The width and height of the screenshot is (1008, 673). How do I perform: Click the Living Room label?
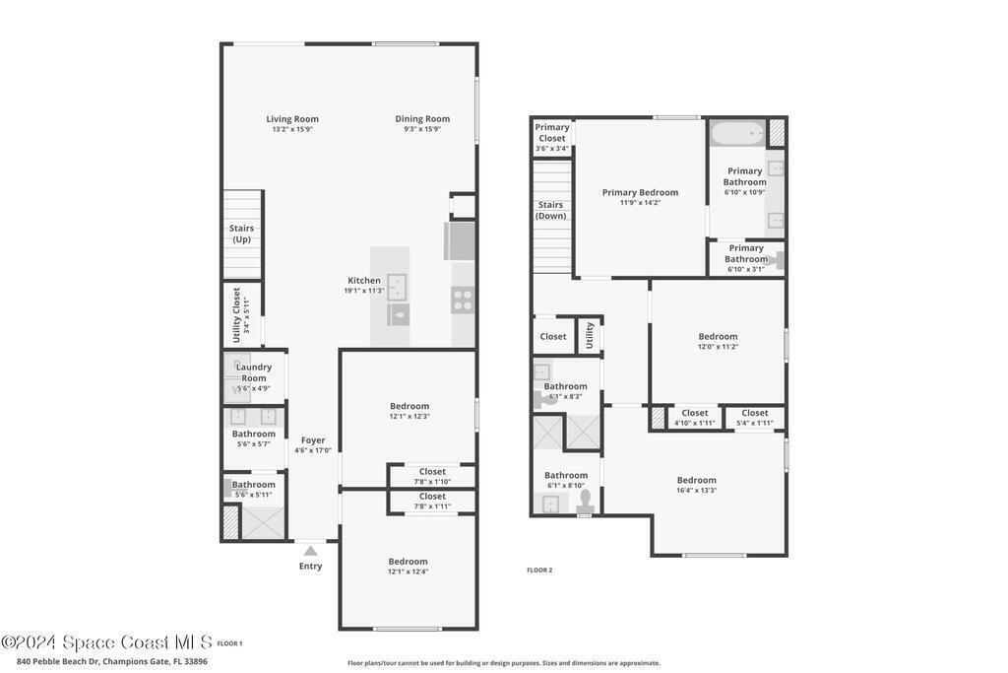(x=292, y=119)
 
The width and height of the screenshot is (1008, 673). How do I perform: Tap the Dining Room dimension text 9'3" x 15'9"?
(x=422, y=129)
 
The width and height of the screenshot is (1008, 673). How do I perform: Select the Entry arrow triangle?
(x=310, y=551)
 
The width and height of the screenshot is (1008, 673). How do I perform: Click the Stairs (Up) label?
(x=242, y=234)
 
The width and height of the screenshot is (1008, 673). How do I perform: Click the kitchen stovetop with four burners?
(x=463, y=301)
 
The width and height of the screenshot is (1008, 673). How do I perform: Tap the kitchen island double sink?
(x=397, y=287)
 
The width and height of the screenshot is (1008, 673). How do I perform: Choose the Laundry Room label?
(x=254, y=372)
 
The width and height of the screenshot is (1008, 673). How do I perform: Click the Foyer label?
(x=313, y=440)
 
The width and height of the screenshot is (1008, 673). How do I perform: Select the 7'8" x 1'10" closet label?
(x=432, y=476)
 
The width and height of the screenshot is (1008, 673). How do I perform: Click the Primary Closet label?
(x=552, y=133)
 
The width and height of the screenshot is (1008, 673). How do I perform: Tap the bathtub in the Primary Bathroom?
(x=738, y=134)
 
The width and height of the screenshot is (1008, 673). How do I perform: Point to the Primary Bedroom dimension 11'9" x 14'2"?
(x=640, y=203)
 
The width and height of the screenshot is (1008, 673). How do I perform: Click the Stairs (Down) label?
(x=551, y=211)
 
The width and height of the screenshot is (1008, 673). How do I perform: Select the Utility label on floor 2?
(x=591, y=335)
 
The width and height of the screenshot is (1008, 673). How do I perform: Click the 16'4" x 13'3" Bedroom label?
(x=697, y=485)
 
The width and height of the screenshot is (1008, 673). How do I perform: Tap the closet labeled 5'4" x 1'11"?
(x=755, y=418)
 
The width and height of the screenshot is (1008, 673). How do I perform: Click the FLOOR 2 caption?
(x=539, y=571)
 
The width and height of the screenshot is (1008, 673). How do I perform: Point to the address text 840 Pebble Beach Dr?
(x=59, y=661)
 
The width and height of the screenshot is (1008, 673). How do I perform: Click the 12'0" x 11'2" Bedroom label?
(x=718, y=341)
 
